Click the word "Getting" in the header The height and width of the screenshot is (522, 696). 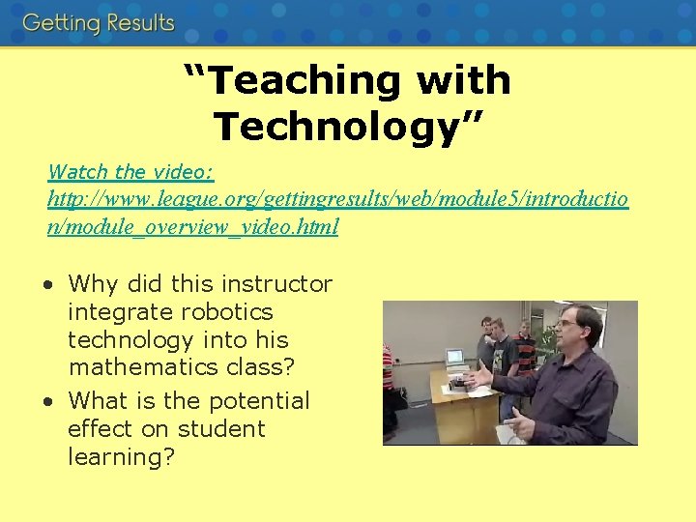[61, 23]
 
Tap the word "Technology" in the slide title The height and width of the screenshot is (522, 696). [335, 126]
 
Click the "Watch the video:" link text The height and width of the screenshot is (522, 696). [130, 172]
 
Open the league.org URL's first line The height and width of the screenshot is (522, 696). [337, 200]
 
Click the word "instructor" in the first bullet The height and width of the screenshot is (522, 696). [276, 284]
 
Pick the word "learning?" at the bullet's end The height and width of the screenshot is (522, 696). [121, 456]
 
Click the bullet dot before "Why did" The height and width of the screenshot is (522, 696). [48, 285]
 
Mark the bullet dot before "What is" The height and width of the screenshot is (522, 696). [48, 401]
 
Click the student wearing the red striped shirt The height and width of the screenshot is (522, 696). [525, 353]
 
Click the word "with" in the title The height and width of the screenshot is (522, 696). [464, 81]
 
